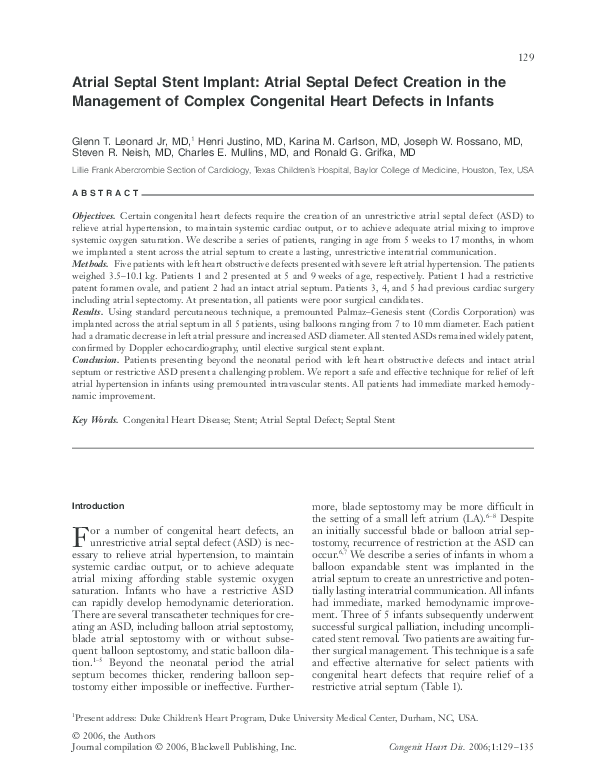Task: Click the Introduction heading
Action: coord(98,506)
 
